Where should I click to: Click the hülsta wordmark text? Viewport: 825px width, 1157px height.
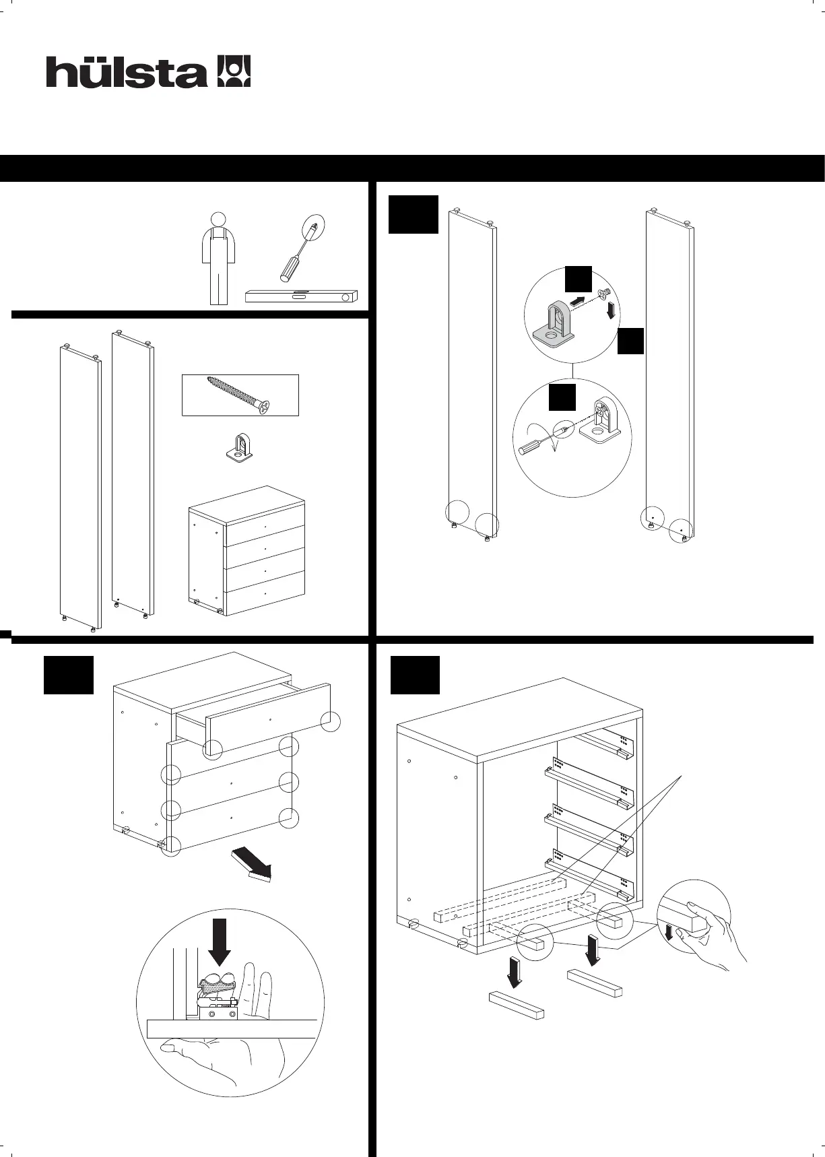pyautogui.click(x=127, y=73)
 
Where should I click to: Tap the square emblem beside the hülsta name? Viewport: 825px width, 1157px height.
pyautogui.click(x=234, y=71)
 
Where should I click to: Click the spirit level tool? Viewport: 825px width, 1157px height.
pyautogui.click(x=300, y=296)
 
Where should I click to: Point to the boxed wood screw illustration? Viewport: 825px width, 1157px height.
pyautogui.click(x=240, y=395)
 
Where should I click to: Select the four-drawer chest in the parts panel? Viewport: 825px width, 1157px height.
pyautogui.click(x=246, y=551)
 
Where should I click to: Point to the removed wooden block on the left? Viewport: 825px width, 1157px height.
pyautogui.click(x=516, y=1005)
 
